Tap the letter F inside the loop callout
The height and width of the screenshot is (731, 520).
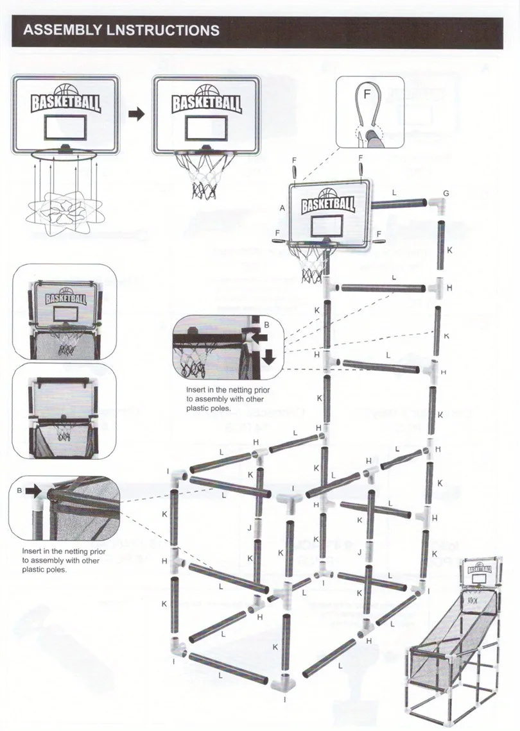367,94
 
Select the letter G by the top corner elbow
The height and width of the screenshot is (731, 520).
446,193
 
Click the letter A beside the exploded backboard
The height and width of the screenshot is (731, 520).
282,208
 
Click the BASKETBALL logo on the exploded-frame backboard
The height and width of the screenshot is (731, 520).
328,204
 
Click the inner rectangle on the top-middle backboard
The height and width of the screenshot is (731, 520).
205,125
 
